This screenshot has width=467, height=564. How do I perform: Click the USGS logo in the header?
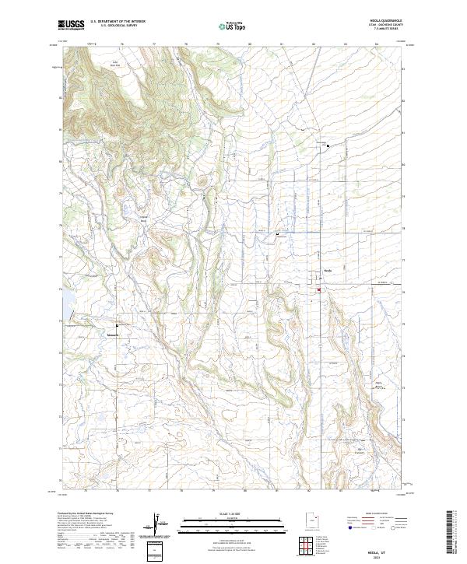point(71,26)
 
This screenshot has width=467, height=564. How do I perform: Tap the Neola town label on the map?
point(328,271)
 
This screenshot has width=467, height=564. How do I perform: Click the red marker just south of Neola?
point(318,291)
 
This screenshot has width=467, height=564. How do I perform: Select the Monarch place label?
point(112,336)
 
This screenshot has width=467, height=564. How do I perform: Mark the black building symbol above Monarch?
point(118,325)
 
